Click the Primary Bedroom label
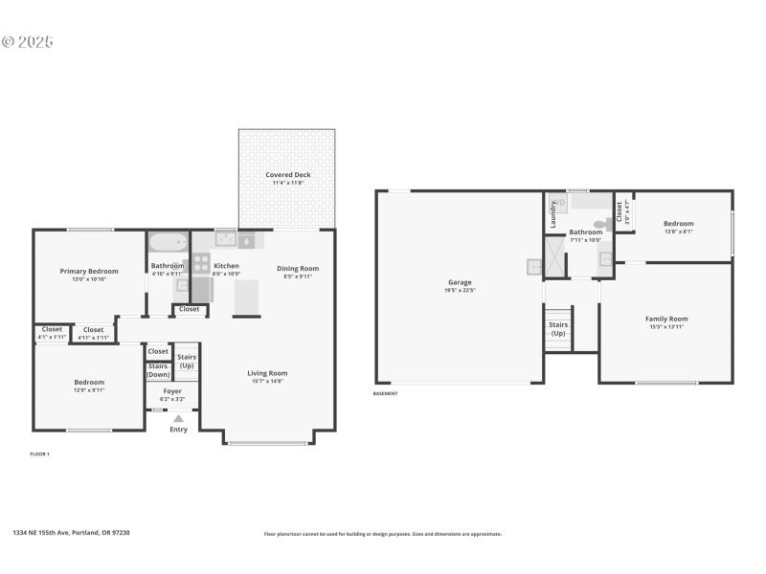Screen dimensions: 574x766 point(89,271)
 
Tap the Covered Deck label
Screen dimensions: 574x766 point(288,175)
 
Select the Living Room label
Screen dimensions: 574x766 point(267,373)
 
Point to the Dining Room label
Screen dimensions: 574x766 point(298,269)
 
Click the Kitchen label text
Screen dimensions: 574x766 point(226,266)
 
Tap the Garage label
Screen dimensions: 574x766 point(460,282)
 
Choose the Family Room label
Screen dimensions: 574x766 point(665,319)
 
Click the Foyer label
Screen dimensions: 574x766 point(171,391)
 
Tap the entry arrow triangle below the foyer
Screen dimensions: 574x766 point(178,418)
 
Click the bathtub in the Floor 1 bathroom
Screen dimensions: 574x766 point(168,241)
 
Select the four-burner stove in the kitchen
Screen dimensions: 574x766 point(201,262)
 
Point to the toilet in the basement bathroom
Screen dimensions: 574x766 point(600,224)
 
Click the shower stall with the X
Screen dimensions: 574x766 point(555,254)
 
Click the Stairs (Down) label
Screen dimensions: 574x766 point(158,370)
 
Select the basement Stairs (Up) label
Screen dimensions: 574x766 point(557,328)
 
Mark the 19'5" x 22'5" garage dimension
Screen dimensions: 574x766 point(460,291)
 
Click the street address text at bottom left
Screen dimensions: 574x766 point(71,533)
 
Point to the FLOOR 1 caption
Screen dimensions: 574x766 point(39,453)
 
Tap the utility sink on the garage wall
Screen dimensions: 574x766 point(533,267)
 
